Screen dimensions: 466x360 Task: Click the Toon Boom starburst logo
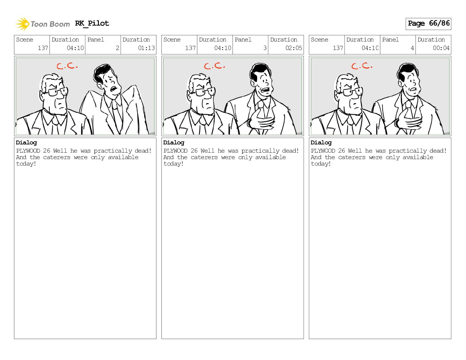tap(22, 24)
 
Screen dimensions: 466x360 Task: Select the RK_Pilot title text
tap(92, 23)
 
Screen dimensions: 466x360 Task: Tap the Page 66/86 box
tap(428, 24)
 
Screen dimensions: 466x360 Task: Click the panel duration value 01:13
tap(146, 48)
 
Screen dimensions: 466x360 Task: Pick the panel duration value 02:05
tap(294, 48)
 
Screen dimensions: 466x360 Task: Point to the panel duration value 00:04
tap(441, 48)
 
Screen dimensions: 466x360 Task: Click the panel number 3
tap(265, 48)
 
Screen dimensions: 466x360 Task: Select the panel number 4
tap(412, 48)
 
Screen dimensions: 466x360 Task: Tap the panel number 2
tap(117, 48)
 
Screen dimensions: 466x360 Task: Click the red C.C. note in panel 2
tap(67, 66)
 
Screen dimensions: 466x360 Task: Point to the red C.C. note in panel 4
tap(362, 66)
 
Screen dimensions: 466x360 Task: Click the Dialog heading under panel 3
tap(174, 143)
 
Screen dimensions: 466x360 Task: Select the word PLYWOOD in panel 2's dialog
tap(28, 151)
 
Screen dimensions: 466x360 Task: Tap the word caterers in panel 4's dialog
tap(352, 157)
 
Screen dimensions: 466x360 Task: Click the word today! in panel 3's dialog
tap(173, 164)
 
